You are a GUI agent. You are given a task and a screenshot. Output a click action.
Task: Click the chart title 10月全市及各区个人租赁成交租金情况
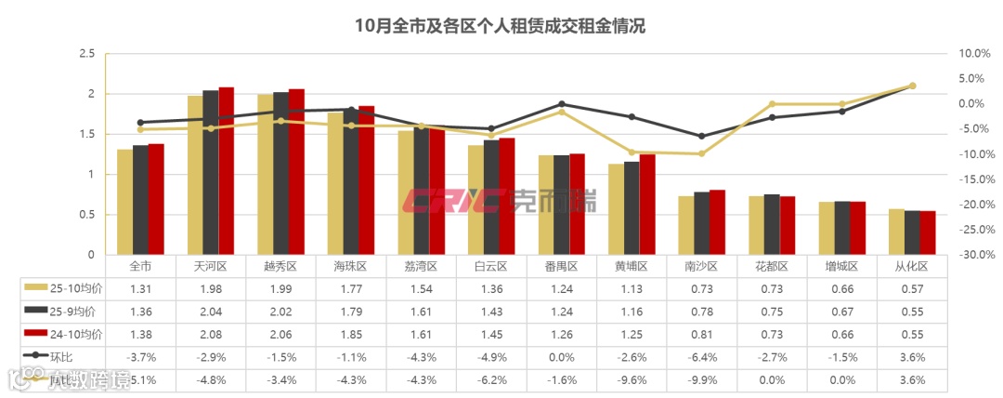coord(501,26)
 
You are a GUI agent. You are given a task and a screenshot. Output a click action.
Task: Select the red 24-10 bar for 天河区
coord(226,171)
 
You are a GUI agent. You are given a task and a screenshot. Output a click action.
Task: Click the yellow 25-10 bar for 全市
coord(124,202)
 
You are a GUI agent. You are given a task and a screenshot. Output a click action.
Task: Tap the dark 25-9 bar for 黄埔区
coord(632,208)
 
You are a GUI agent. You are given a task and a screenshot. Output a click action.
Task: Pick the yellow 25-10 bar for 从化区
coord(896,232)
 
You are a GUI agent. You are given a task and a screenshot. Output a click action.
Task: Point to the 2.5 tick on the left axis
coord(86,54)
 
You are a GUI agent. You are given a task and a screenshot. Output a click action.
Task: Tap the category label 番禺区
coord(562,266)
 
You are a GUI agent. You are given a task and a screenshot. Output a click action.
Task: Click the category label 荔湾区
coord(422,266)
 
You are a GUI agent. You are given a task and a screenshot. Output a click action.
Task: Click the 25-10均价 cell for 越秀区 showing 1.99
coord(281,288)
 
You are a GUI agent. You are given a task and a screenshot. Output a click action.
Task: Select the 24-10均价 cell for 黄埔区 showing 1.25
coord(632,334)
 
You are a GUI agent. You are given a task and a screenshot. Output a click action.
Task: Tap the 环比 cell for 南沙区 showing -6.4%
coord(702,356)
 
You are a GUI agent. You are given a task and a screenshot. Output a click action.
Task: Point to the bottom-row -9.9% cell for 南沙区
coord(702,379)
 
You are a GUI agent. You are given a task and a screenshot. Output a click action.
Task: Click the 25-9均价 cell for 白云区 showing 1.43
coord(491,311)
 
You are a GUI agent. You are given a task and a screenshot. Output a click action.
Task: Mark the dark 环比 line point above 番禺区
coord(562,104)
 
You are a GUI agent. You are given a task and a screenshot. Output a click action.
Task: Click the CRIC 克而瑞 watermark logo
coord(500,200)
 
